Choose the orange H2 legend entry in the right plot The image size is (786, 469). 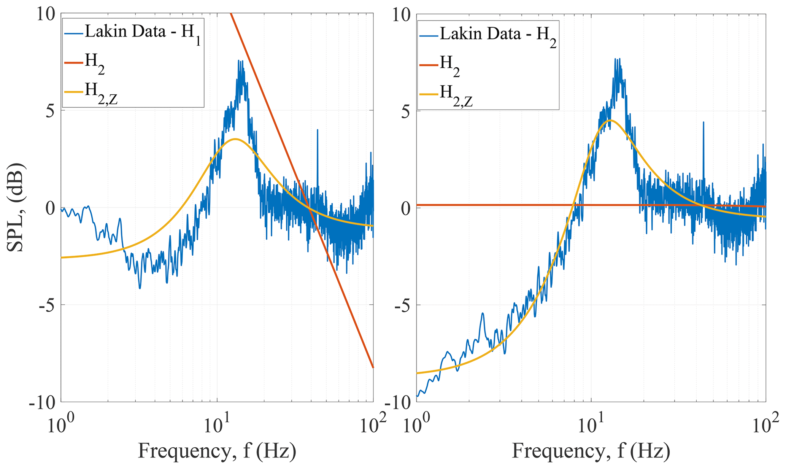(x=449, y=66)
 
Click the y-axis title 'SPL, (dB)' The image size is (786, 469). (x=16, y=208)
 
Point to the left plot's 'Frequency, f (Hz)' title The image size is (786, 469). (x=217, y=451)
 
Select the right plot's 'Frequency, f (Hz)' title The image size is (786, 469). (x=591, y=451)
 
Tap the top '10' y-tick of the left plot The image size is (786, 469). (x=46, y=15)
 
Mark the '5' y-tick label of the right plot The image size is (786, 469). (x=405, y=112)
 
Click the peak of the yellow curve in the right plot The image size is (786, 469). (x=610, y=120)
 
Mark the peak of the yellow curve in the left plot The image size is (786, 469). (x=235, y=139)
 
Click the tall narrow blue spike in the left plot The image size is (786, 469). (x=317, y=130)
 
